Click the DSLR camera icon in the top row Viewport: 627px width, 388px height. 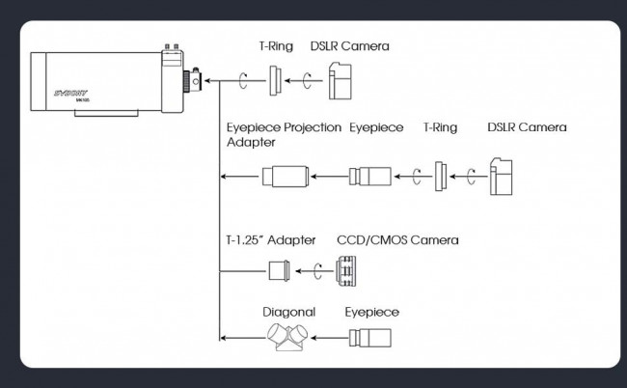(x=339, y=80)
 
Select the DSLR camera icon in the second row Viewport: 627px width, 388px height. (x=502, y=178)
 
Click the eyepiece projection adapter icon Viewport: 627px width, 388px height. (x=284, y=177)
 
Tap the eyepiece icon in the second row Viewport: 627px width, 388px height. (x=371, y=177)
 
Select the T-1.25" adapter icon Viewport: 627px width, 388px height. (x=279, y=271)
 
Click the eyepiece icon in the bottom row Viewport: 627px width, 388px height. (x=370, y=338)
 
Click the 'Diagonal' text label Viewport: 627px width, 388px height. (x=290, y=312)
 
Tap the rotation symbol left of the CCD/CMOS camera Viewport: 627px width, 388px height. (x=316, y=271)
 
